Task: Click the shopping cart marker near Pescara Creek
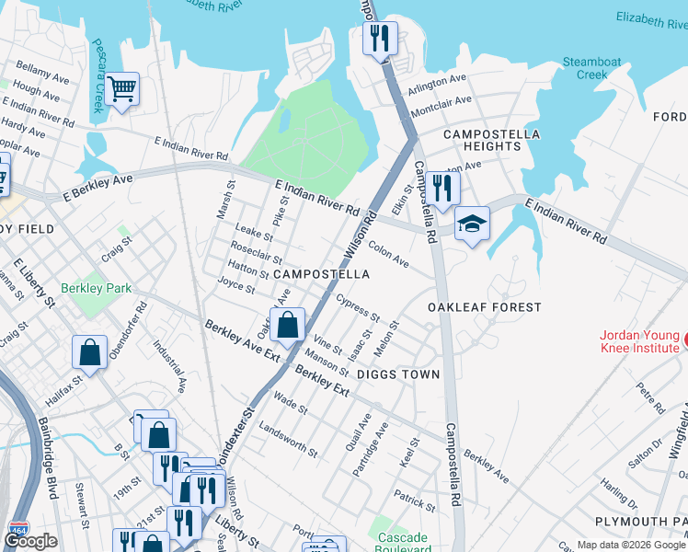click(x=121, y=90)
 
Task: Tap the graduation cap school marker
click(x=472, y=224)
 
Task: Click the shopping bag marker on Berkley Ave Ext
click(x=287, y=324)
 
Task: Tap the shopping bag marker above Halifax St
click(x=89, y=351)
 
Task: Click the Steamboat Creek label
click(x=591, y=68)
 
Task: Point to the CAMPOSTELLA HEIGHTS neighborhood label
click(x=482, y=140)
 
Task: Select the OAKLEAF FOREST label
click(x=485, y=307)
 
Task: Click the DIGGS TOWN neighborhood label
click(x=398, y=374)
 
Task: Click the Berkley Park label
click(x=97, y=288)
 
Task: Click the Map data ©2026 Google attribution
click(x=631, y=545)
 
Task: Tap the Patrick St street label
click(x=414, y=500)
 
